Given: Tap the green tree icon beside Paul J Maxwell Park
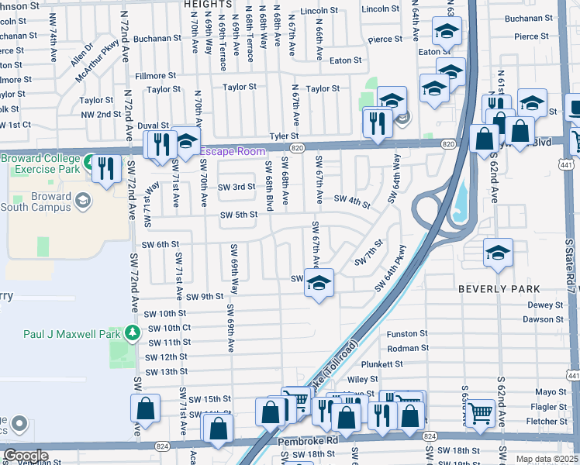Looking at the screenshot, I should pos(133,333).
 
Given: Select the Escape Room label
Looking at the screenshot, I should pos(233,151).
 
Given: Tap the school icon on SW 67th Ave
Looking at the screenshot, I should pos(318,284).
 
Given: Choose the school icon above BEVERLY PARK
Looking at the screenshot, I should pos(498,253).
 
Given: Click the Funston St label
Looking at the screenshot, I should pos(407,333).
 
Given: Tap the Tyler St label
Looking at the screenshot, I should pos(284,136).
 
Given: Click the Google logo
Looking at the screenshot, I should pos(26,456).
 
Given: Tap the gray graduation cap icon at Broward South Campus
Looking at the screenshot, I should pos(82,201).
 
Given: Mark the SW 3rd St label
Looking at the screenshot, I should pos(236,187).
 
